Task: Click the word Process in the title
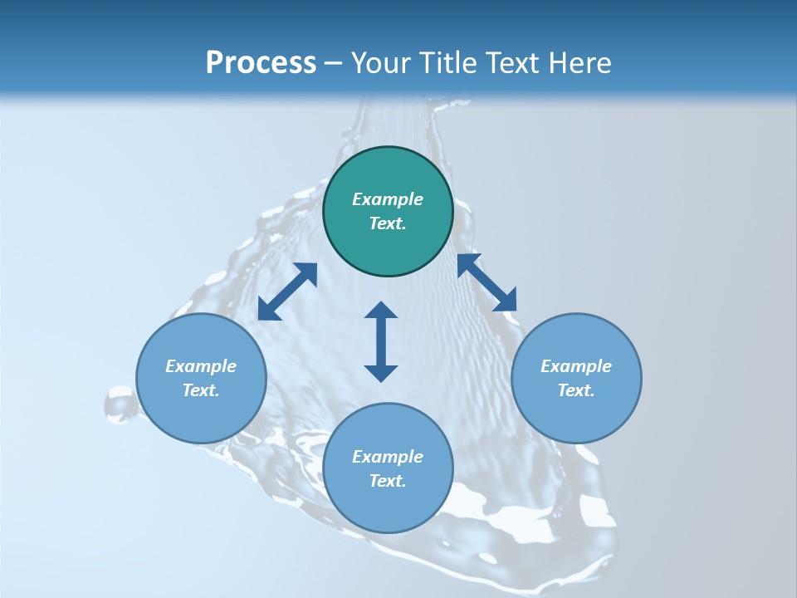point(261,63)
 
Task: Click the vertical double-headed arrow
point(381,341)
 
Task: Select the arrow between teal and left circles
point(287,292)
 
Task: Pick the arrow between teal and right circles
point(487,282)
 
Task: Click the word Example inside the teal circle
point(388,199)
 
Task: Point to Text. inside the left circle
point(201,390)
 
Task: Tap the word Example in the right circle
point(576,366)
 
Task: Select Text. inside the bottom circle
point(388,481)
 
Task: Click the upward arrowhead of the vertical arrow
point(381,310)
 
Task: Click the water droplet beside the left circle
point(119,405)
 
